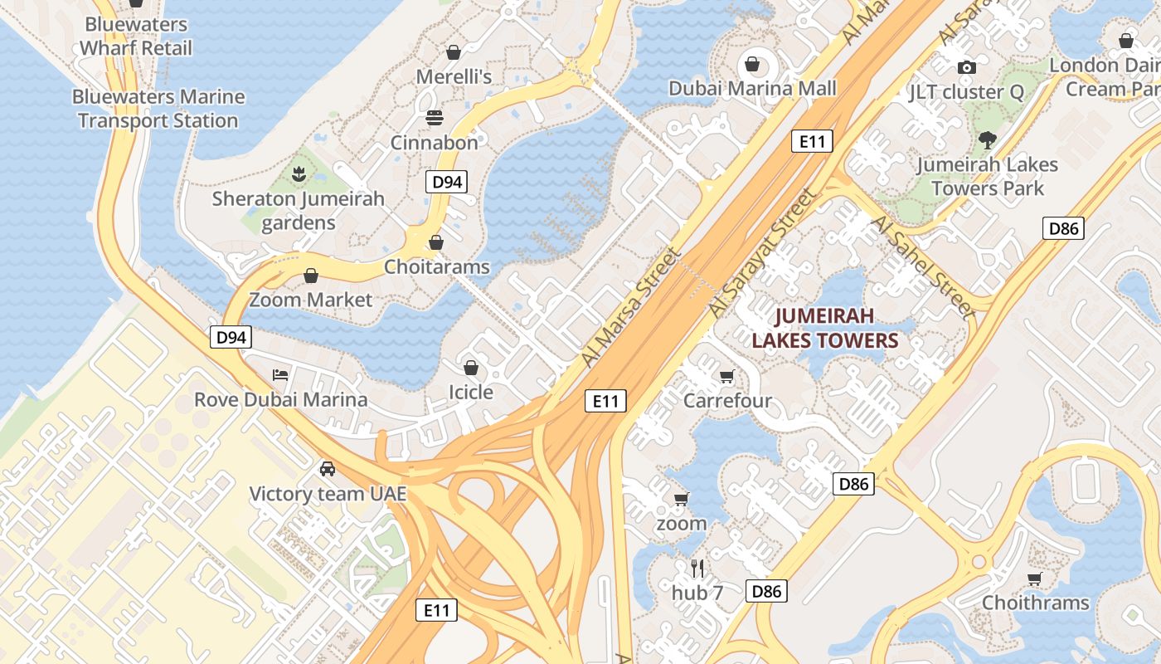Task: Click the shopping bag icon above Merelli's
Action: pyautogui.click(x=453, y=52)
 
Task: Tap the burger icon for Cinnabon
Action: pyautogui.click(x=435, y=118)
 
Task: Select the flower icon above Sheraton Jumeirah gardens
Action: pyautogui.click(x=298, y=174)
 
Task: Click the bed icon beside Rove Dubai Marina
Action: pyautogui.click(x=280, y=375)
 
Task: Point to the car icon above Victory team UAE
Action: pyautogui.click(x=328, y=469)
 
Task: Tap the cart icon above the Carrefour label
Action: pyautogui.click(x=727, y=376)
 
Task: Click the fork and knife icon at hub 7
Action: pyautogui.click(x=697, y=569)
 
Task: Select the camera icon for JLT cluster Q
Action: pyautogui.click(x=966, y=67)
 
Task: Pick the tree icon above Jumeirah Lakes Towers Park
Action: pyautogui.click(x=987, y=139)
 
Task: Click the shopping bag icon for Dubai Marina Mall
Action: pyautogui.click(x=752, y=64)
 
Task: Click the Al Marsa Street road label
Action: pyautogui.click(x=630, y=307)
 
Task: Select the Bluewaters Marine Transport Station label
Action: pyautogui.click(x=158, y=109)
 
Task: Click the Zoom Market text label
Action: pyautogui.click(x=311, y=300)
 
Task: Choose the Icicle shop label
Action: pyautogui.click(x=470, y=392)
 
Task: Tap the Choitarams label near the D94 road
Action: pyautogui.click(x=436, y=267)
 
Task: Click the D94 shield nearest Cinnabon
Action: pyautogui.click(x=446, y=182)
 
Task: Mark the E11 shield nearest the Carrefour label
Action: pyautogui.click(x=605, y=402)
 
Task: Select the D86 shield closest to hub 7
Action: pyautogui.click(x=766, y=591)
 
